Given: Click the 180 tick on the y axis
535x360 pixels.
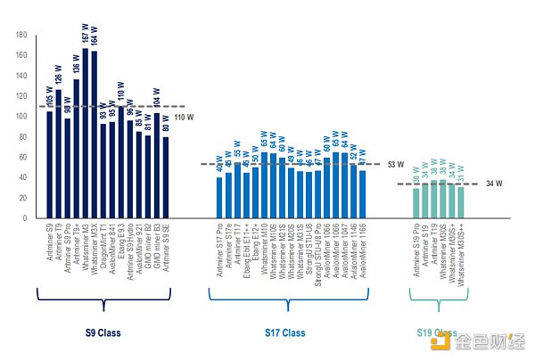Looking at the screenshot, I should tap(21, 35).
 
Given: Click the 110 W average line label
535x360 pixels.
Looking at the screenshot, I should tap(185, 118).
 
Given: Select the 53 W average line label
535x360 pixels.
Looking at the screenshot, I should tap(396, 165).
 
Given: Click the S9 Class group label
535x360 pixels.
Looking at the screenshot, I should tap(102, 333).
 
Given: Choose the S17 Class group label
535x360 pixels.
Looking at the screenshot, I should tap(285, 333).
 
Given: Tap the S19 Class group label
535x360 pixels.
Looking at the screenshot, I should tap(436, 333).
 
